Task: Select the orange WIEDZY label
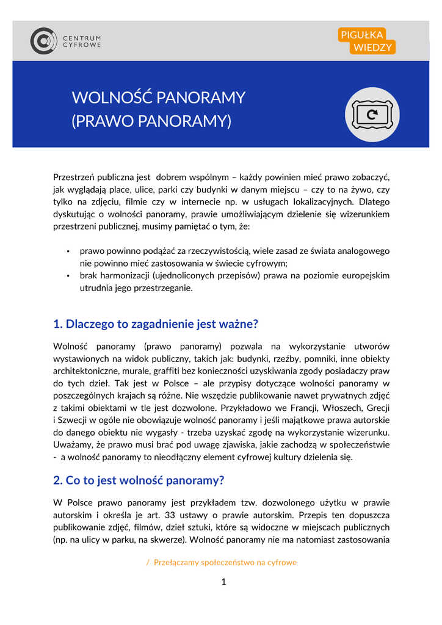coord(372,48)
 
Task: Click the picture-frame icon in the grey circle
coord(372,114)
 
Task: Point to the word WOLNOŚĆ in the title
coord(112,98)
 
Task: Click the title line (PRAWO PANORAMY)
coord(151,121)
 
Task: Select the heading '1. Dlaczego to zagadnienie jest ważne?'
coord(156,323)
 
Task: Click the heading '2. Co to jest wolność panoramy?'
coord(139,480)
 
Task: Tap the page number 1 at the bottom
coord(223,582)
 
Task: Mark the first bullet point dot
coord(68,251)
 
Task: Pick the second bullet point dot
coord(68,276)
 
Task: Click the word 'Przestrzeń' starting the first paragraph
coord(73,177)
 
